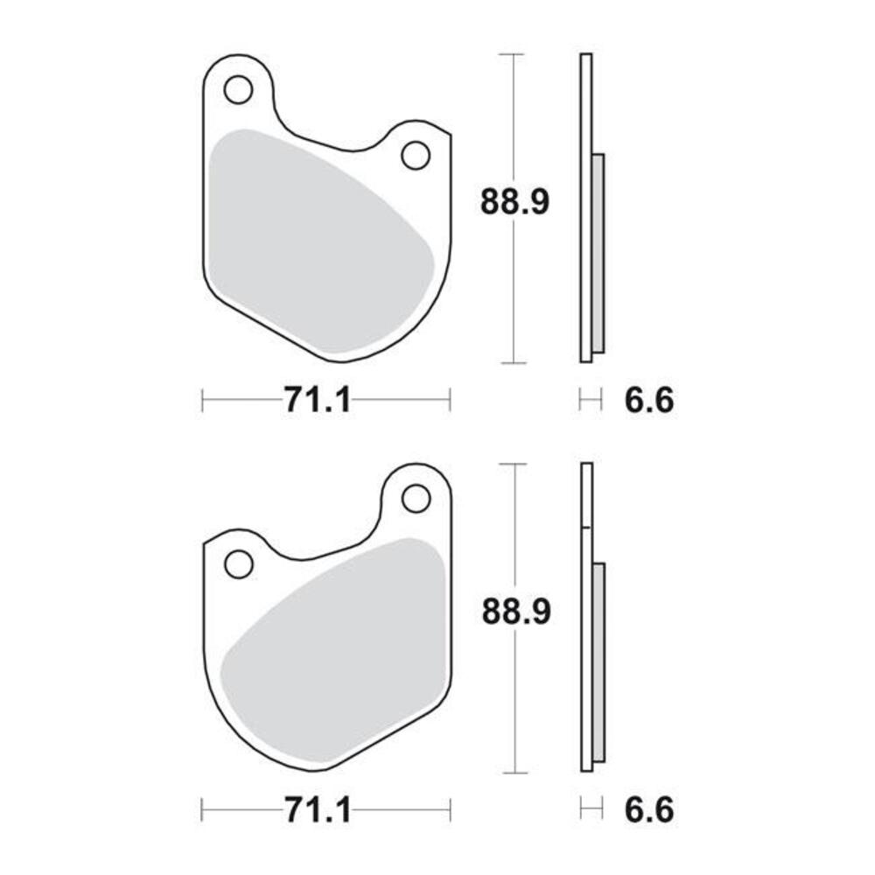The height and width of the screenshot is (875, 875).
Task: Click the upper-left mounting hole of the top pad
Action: coord(238,89)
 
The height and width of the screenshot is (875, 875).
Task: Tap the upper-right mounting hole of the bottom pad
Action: coord(416,498)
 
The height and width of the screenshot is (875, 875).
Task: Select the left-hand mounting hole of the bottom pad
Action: coord(238,564)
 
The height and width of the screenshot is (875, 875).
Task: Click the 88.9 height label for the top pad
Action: coord(514,202)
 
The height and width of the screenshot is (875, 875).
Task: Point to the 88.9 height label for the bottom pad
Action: coord(516,612)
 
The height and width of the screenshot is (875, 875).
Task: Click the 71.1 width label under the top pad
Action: coord(317,401)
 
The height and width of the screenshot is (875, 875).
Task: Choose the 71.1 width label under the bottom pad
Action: coord(317,810)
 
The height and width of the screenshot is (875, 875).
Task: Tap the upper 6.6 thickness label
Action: coord(649,401)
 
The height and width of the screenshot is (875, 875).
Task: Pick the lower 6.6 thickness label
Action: coord(649,810)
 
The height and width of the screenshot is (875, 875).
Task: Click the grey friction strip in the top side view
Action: coord(598,254)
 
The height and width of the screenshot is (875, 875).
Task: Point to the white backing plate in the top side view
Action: coord(586,105)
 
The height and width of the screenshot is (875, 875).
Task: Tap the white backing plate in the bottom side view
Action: coord(587,499)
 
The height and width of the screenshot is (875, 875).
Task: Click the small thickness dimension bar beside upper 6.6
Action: coord(591,401)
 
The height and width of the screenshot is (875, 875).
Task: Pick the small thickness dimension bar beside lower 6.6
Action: coord(591,810)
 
